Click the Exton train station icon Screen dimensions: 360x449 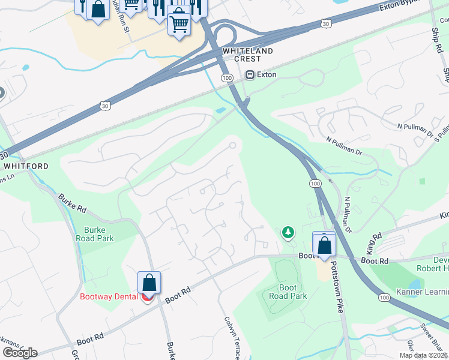[250, 75]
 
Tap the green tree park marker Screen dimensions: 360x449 [289, 232]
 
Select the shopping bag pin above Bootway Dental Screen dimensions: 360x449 [149, 283]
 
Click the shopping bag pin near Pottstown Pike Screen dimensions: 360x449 [324, 245]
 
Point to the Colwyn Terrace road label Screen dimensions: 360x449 [232, 339]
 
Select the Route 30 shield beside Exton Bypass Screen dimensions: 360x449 [325, 24]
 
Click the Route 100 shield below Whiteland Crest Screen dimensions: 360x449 [226, 78]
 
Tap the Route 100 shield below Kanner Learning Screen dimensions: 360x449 [384, 298]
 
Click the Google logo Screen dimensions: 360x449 [20, 352]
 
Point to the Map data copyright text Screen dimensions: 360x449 [424, 355]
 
